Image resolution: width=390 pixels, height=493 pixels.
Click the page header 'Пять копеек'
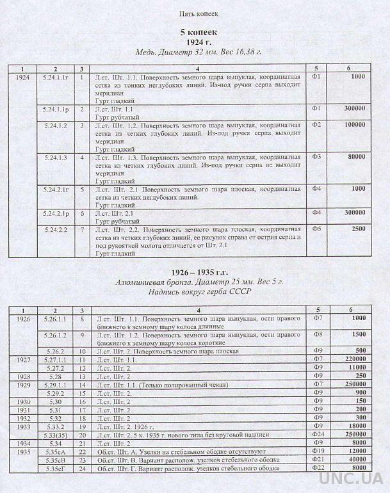195,12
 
